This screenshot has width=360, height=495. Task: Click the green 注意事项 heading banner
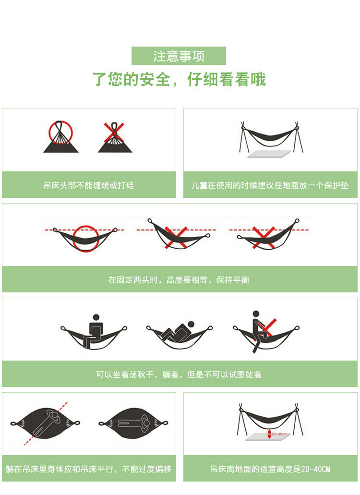coord(179,56)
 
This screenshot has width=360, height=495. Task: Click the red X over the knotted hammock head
coord(114,133)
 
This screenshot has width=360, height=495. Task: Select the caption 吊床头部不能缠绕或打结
coord(89,185)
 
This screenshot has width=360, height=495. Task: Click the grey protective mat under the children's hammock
coord(269,154)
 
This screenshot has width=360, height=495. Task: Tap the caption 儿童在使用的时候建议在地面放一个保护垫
coord(270,185)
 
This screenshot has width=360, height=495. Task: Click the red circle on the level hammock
coord(73,239)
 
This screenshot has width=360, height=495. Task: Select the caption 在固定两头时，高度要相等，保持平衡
coord(179,280)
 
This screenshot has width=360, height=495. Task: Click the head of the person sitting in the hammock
coord(96,317)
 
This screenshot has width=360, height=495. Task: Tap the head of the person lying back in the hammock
coord(191,324)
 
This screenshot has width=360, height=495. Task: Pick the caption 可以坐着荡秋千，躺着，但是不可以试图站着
coord(179,374)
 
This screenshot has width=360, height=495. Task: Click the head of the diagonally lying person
coord(54,416)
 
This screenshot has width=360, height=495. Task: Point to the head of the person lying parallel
coord(146,422)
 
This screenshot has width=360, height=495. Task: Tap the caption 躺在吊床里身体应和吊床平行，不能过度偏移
coord(89,469)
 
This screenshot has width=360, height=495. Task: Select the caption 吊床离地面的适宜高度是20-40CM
coord(270,469)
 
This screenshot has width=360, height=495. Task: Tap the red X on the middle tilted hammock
coord(176,237)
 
